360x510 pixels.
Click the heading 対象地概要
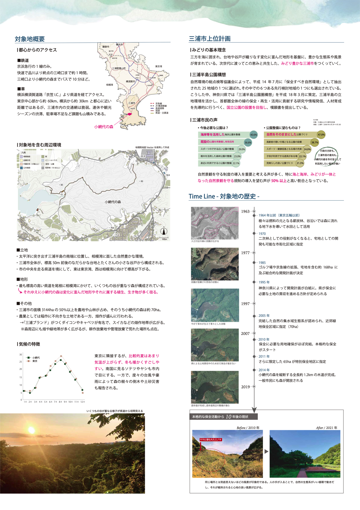point(30,39)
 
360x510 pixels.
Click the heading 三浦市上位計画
point(210,39)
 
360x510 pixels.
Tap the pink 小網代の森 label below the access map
point(104,127)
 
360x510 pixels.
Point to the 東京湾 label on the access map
point(159,67)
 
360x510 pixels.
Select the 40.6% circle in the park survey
point(253,135)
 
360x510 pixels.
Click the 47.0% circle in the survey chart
point(321,135)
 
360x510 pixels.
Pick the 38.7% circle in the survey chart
point(315,142)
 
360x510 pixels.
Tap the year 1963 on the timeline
point(245,211)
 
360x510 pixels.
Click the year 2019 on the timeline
point(245,387)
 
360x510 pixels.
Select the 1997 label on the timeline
point(245,304)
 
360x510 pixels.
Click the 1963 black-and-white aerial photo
point(215,223)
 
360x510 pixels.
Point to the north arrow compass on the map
point(164,231)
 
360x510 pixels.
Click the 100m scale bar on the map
point(164,239)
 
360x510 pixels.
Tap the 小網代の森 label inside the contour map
point(113,202)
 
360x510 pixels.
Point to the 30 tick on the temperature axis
point(21,355)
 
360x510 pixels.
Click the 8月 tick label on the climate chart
point(60,402)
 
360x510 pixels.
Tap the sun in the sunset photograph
point(31,430)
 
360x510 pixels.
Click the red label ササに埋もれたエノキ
point(210,440)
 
